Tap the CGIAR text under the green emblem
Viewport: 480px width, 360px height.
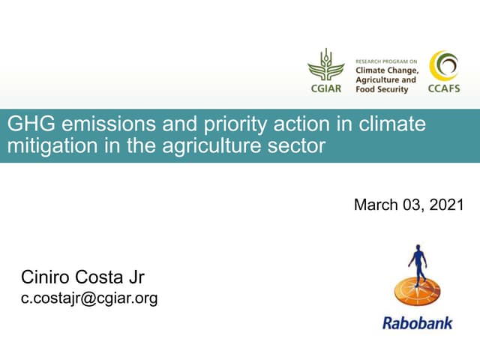325,88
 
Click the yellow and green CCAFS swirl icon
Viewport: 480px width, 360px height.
444,66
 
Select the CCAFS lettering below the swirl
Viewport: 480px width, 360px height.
444,88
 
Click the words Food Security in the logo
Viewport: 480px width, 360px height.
382,89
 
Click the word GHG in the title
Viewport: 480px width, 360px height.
25,124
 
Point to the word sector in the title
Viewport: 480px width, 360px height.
299,145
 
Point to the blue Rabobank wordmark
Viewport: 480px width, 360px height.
418,324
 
